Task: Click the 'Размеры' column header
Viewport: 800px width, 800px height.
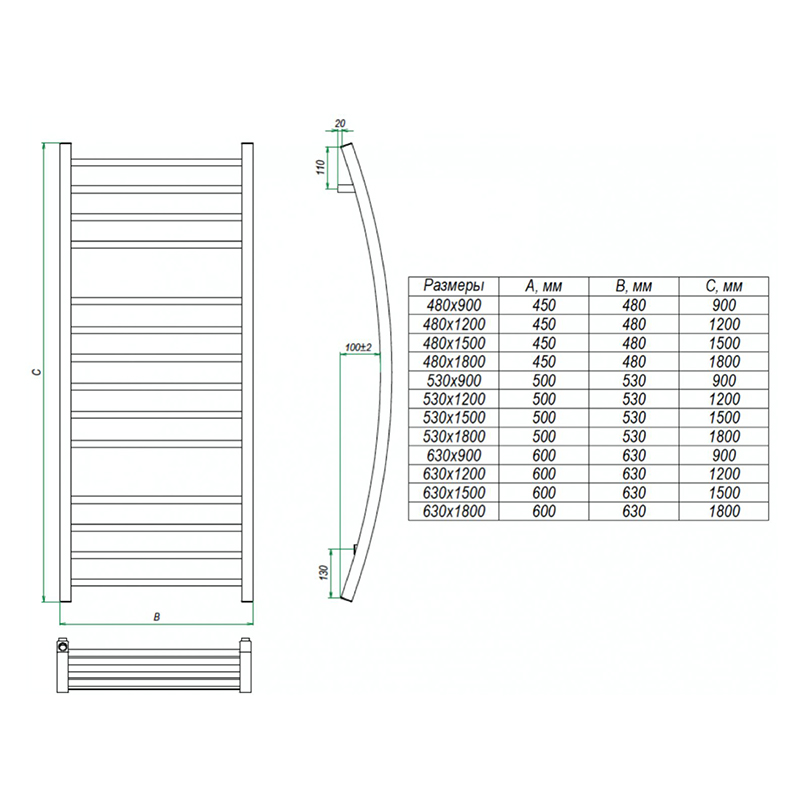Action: point(454,285)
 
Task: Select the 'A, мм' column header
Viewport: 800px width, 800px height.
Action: point(543,286)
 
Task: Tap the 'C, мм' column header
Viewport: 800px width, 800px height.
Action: point(724,286)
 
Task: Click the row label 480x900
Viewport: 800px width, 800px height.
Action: point(454,305)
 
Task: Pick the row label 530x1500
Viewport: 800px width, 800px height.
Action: point(454,417)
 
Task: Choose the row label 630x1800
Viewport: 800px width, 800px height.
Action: point(454,511)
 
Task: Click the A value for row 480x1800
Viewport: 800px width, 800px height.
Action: point(544,362)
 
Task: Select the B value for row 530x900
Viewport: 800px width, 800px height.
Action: point(634,381)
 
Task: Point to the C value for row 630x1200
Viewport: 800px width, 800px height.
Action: point(724,474)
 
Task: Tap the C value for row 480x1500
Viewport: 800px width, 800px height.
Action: point(724,343)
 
